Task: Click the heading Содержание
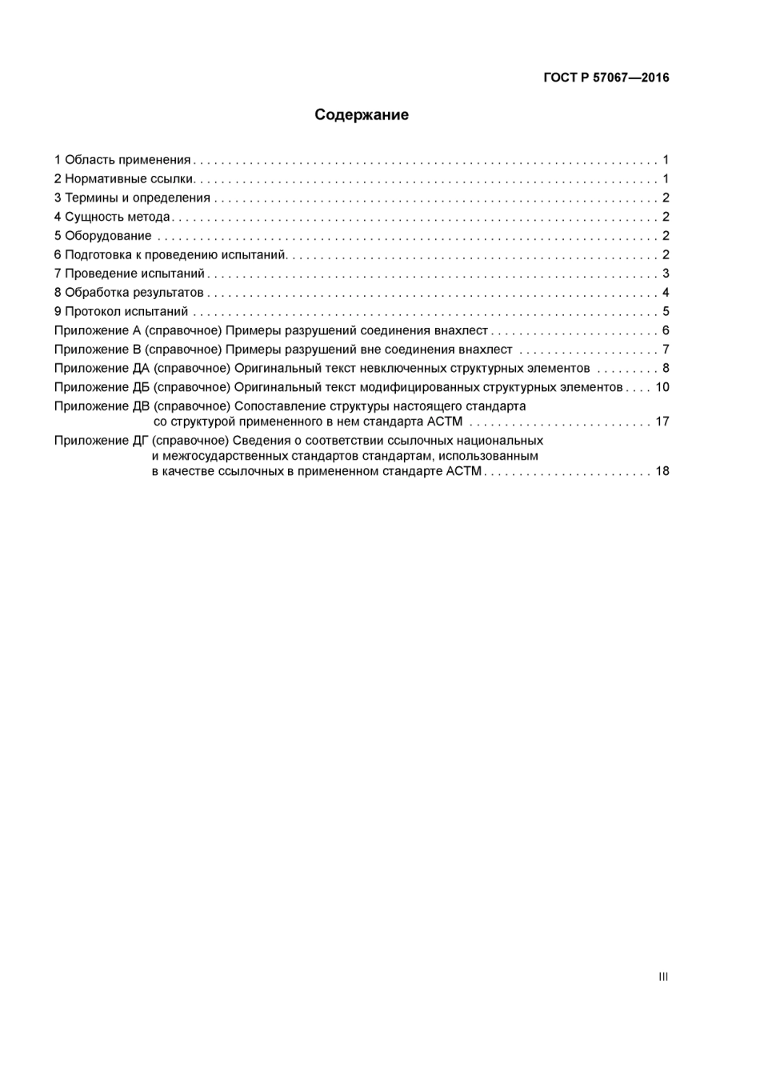click(361, 115)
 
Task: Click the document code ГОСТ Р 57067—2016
click(606, 78)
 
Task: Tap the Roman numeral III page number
click(663, 977)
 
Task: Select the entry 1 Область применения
click(122, 160)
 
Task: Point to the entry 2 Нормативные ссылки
click(124, 179)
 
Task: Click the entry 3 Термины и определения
click(132, 198)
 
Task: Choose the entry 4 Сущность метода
click(112, 217)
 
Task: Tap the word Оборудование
click(108, 236)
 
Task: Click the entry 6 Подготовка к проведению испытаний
click(170, 255)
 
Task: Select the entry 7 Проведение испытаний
click(129, 274)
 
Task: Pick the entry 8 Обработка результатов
click(129, 293)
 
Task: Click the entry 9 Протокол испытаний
click(121, 312)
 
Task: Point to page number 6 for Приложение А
click(666, 331)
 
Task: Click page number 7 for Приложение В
click(666, 350)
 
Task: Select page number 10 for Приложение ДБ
click(662, 387)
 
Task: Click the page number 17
click(662, 422)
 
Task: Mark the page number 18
click(662, 471)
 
